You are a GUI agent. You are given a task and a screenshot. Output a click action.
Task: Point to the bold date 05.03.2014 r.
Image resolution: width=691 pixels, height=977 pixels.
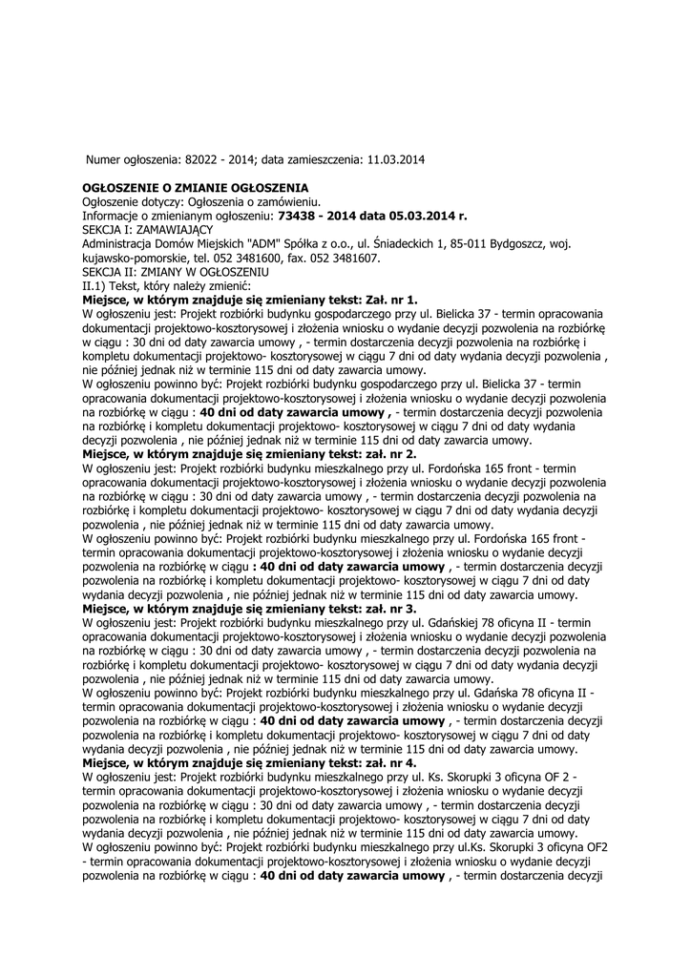point(425,216)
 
